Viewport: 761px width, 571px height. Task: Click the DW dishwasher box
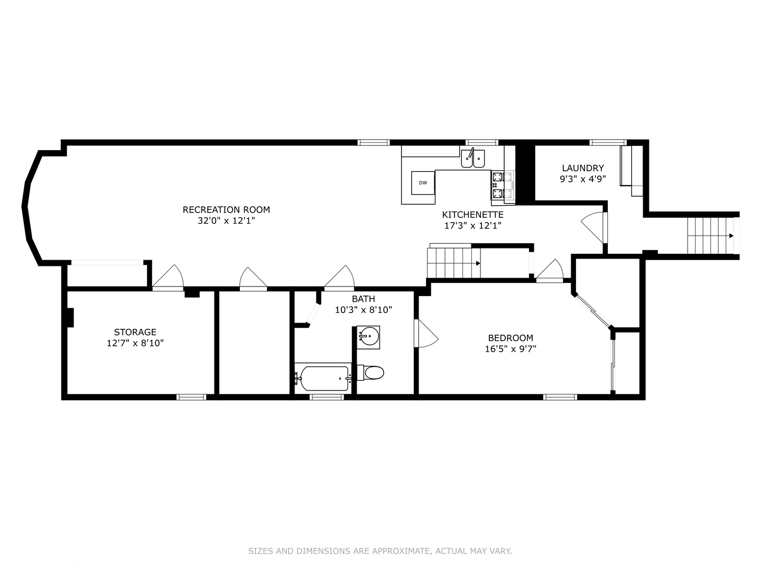click(423, 183)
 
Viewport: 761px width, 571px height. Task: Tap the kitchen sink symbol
click(472, 159)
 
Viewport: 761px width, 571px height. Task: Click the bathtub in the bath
click(323, 377)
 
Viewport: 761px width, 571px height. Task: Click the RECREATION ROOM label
click(226, 209)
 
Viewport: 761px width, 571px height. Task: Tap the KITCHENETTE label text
click(472, 215)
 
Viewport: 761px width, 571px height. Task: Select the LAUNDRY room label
click(582, 168)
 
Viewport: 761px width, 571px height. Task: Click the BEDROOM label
click(510, 338)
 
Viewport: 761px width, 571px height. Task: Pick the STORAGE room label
click(135, 332)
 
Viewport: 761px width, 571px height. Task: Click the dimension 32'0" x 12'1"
click(226, 221)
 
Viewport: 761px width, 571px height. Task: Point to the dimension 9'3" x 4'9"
click(582, 179)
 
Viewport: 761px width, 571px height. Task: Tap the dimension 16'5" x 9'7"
click(510, 349)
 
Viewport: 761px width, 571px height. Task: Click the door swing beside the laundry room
click(594, 226)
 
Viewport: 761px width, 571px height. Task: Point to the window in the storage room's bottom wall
click(191, 397)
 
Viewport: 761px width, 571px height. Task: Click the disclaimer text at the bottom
click(380, 551)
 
